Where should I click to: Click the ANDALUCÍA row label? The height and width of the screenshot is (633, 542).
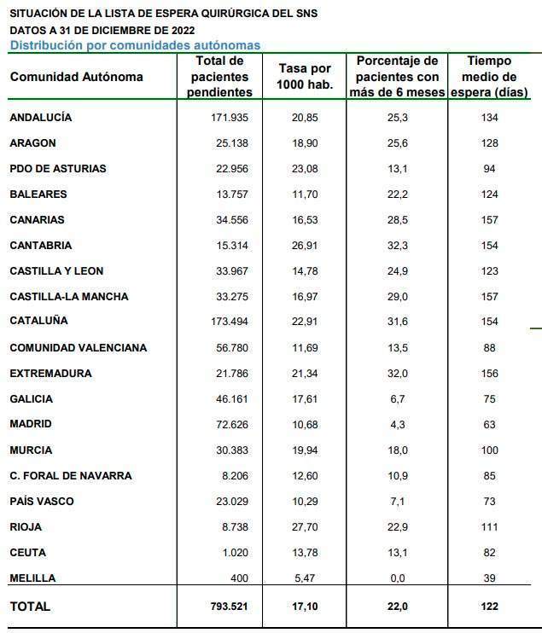tap(41, 117)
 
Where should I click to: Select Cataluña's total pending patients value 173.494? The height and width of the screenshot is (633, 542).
tap(230, 322)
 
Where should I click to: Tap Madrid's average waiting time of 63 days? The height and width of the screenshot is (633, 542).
tap(489, 424)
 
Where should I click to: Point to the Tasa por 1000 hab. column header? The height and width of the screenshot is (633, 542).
tap(305, 76)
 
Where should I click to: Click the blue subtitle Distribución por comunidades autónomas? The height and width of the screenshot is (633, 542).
tap(136, 45)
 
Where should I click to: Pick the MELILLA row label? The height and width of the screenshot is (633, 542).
tap(32, 578)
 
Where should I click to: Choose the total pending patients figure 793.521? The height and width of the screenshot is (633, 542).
tap(229, 606)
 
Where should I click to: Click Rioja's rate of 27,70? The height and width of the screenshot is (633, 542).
tap(305, 527)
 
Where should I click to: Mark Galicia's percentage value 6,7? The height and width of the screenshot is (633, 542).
tap(398, 399)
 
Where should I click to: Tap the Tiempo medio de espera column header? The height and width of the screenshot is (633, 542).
tap(489, 76)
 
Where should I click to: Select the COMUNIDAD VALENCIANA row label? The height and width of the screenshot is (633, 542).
tap(79, 347)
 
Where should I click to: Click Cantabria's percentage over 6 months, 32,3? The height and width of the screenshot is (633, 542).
tap(398, 245)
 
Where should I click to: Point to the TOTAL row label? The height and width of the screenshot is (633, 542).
tap(30, 606)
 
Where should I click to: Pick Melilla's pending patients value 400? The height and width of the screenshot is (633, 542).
tap(239, 578)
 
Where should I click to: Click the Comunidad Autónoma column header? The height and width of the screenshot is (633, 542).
tap(76, 77)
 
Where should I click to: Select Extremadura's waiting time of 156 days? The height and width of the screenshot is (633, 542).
tap(489, 373)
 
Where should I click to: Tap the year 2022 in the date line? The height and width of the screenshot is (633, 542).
tap(183, 30)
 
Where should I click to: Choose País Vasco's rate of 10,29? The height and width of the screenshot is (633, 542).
tap(305, 501)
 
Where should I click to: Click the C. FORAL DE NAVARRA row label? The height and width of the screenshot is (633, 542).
tap(71, 475)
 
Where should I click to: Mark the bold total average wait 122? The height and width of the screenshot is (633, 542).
tap(489, 606)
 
